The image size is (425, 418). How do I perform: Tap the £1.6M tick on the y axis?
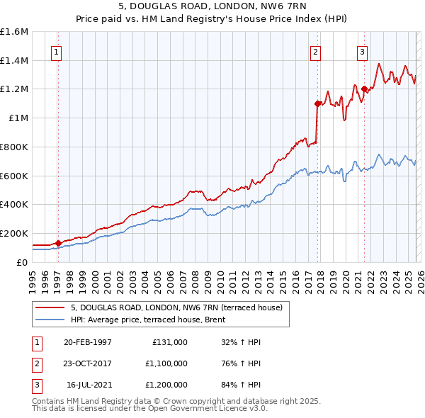point(14,32)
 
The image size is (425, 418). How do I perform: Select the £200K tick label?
point(14,233)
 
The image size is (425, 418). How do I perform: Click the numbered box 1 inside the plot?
point(56,51)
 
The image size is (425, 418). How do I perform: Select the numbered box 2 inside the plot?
point(314,51)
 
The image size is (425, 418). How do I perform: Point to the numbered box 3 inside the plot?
point(362,51)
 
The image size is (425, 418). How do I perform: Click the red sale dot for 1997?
point(59,243)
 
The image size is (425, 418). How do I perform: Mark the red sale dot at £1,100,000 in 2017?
point(317,103)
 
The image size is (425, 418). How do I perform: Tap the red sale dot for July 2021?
point(364,89)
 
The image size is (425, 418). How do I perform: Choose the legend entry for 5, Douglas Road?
point(176,307)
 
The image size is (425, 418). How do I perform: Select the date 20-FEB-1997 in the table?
point(87,341)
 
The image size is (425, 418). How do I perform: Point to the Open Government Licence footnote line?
point(149,409)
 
